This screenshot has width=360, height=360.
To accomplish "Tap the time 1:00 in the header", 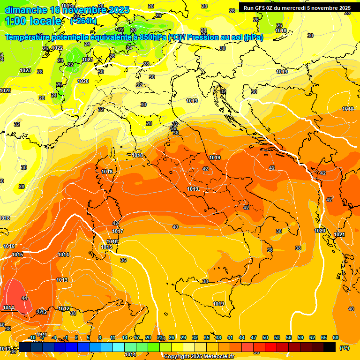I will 15,21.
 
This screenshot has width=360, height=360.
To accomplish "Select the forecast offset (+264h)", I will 83,21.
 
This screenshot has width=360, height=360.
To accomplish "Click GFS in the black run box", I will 262,8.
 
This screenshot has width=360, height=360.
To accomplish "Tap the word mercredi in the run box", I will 300,8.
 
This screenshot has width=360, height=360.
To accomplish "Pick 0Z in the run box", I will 272,8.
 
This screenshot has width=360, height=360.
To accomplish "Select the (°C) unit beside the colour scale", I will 344,348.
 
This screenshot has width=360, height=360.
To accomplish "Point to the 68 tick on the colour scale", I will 336,337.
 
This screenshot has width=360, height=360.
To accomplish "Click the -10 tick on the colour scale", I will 32,337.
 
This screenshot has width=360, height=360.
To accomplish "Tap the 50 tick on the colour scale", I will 265,337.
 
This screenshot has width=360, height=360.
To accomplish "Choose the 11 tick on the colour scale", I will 113,337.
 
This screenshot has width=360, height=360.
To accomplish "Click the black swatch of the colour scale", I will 330,347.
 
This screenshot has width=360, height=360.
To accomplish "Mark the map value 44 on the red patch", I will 24,298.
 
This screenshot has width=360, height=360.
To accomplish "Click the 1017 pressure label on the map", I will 118,231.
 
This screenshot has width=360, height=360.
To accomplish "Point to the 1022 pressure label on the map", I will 57,48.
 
